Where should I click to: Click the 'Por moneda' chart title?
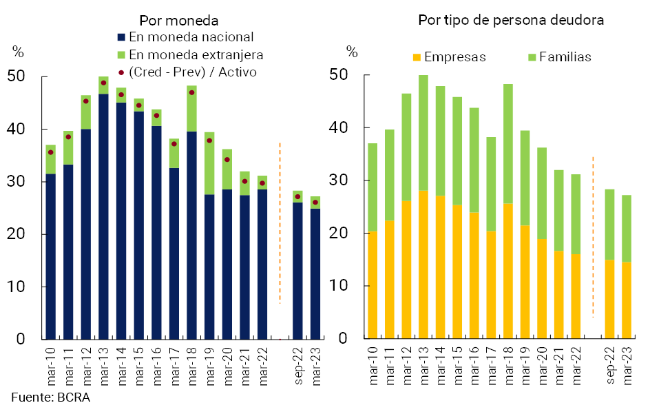tap(179, 21)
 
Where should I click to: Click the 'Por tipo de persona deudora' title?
tap(511, 20)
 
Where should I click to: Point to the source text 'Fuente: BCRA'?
tap(50, 397)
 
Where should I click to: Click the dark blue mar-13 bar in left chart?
tap(103, 217)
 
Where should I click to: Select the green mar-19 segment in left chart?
tap(209, 163)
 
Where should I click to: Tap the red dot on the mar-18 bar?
tap(191, 92)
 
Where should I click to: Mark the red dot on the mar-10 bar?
tap(51, 152)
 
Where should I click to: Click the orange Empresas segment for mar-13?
tap(423, 265)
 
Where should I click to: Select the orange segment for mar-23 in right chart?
tap(627, 300)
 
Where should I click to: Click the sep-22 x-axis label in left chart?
tap(297, 362)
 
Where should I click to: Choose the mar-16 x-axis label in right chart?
tap(474, 362)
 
